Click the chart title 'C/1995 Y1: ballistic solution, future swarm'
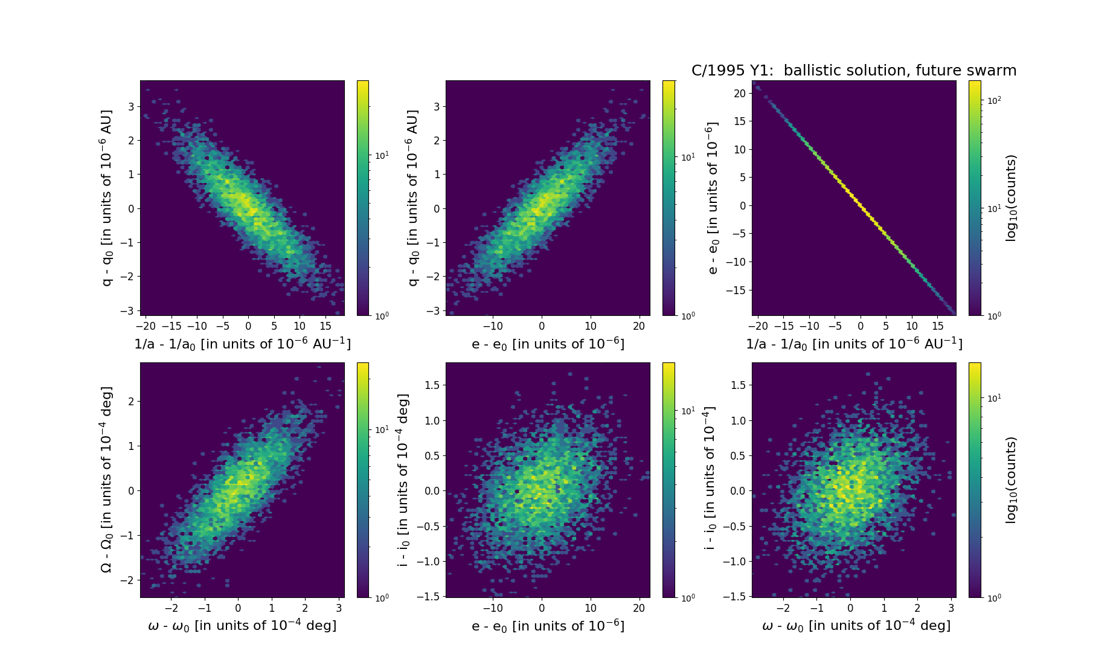[x=853, y=71]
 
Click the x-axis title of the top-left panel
[x=242, y=344]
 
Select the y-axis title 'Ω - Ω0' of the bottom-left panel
[x=106, y=480]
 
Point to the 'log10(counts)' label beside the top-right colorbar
[x=1011, y=198]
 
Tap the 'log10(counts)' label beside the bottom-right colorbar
[x=1011, y=480]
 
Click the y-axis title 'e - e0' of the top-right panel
[x=713, y=198]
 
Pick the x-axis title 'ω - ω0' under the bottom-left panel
[x=242, y=626]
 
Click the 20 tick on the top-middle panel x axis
[x=639, y=326]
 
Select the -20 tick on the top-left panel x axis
[x=146, y=326]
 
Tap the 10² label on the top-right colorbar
[x=994, y=100]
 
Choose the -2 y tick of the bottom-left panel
[x=130, y=580]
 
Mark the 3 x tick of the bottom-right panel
[x=951, y=608]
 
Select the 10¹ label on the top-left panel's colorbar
[x=382, y=155]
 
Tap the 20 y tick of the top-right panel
[x=739, y=93]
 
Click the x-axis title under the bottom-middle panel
[x=548, y=626]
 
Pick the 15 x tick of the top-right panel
[x=937, y=326]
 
